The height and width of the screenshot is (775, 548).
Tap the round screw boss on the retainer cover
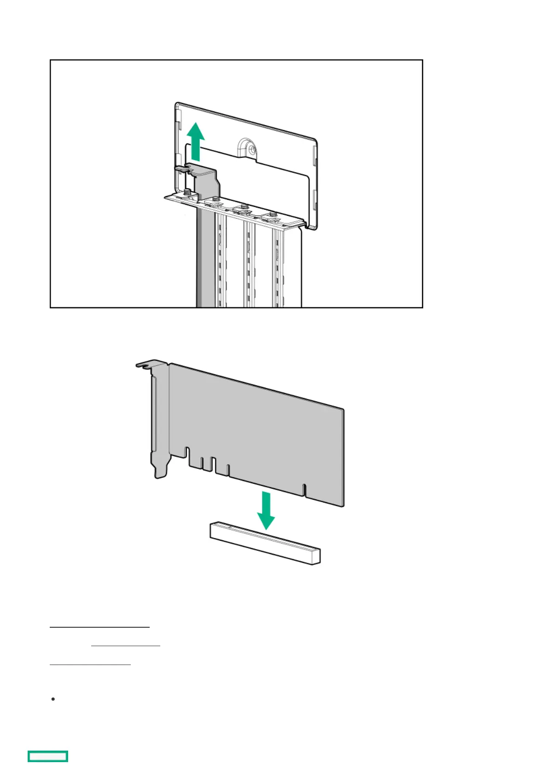pos(250,148)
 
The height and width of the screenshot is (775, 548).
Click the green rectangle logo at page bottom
pos(48,756)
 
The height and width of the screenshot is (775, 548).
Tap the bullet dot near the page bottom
pos(53,699)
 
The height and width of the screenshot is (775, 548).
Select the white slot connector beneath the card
pos(265,543)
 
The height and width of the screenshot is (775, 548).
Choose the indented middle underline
pos(125,646)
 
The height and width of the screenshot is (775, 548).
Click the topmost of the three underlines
pos(99,626)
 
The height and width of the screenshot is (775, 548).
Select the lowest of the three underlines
pos(90,665)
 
